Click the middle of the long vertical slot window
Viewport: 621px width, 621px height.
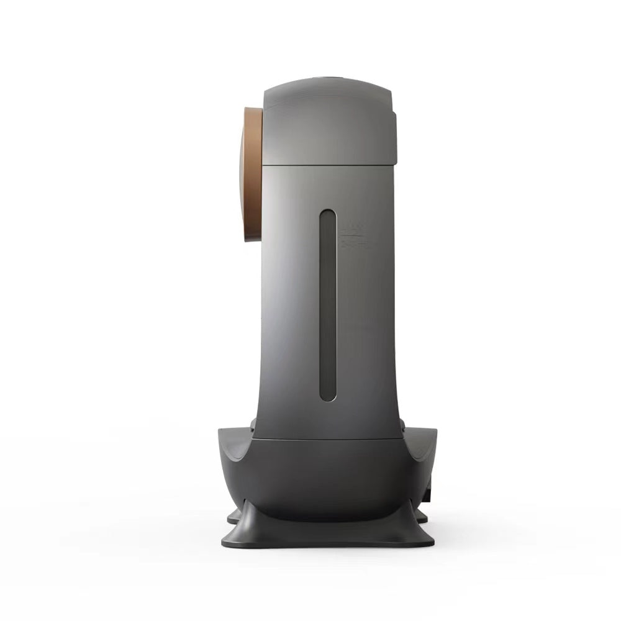[327, 304]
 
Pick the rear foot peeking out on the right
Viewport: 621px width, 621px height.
[422, 516]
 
